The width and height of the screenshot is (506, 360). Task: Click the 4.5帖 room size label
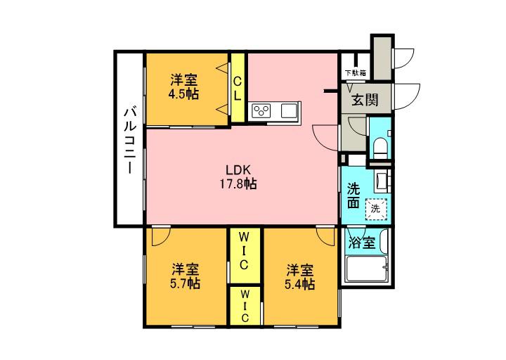(183, 86)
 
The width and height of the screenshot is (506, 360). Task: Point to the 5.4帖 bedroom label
(299, 276)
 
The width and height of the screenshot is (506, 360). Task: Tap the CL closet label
(238, 89)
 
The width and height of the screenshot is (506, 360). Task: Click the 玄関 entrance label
(365, 98)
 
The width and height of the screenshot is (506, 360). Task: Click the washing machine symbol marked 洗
(376, 207)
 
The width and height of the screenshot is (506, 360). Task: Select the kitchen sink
(289, 110)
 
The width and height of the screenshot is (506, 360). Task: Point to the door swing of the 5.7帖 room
(159, 236)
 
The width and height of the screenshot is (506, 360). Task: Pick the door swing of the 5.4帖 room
(325, 236)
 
